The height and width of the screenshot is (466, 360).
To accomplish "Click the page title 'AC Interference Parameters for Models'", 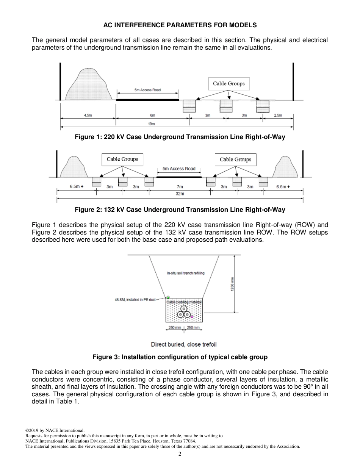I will pyautogui.click(x=180, y=25).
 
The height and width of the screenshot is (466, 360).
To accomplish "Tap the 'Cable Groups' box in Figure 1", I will pyautogui.click(x=229, y=84).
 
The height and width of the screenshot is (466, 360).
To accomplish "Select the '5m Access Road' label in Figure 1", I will pyautogui.click(x=147, y=90).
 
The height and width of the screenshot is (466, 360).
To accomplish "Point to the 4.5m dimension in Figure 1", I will pyautogui.click(x=88, y=115).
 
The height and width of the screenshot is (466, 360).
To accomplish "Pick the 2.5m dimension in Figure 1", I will pyautogui.click(x=278, y=115).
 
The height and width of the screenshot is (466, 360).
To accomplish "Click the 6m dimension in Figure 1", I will pyautogui.click(x=152, y=115).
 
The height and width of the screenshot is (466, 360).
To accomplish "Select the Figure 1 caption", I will pyautogui.click(x=180, y=137).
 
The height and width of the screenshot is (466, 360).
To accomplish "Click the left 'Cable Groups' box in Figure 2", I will pyautogui.click(x=122, y=159).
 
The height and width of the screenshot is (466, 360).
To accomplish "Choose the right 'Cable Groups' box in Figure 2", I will pyautogui.click(x=235, y=160).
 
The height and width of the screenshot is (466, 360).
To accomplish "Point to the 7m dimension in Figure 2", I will pyautogui.click(x=180, y=187).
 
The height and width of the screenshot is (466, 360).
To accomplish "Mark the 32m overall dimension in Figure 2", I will pyautogui.click(x=180, y=194).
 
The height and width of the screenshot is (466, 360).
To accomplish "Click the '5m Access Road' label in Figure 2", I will pyautogui.click(x=179, y=169).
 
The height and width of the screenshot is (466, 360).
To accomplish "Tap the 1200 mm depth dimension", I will pyautogui.click(x=232, y=284).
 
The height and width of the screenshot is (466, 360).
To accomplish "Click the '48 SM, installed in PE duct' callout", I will pyautogui.click(x=135, y=300).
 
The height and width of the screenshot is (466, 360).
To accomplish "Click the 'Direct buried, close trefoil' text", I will pyautogui.click(x=184, y=344).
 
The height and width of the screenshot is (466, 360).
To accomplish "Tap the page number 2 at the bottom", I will pyautogui.click(x=180, y=454).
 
